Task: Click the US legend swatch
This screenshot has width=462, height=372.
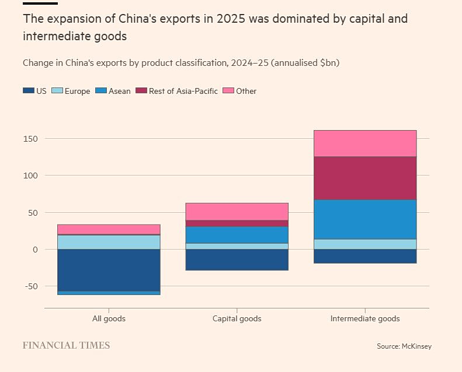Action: click(28, 91)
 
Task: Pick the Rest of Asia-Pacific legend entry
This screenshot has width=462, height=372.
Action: click(176, 91)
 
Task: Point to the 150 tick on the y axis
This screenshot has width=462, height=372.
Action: click(30, 139)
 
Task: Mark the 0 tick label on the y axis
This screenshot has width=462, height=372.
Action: click(35, 250)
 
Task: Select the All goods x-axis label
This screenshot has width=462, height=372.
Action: click(109, 319)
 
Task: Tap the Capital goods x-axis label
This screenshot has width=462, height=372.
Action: click(237, 319)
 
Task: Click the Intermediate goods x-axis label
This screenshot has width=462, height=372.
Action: click(365, 319)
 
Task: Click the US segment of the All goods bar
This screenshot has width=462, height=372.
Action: click(109, 270)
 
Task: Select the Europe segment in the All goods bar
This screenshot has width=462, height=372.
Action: click(109, 242)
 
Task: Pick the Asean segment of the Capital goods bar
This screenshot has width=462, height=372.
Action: click(237, 234)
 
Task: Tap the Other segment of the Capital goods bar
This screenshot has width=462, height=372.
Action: click(237, 212)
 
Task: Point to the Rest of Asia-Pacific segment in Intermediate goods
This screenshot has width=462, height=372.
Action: click(365, 178)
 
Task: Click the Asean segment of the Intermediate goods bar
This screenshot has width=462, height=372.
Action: click(365, 219)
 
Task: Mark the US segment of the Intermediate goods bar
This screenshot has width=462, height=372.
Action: click(365, 256)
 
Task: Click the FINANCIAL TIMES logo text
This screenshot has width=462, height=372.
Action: click(66, 346)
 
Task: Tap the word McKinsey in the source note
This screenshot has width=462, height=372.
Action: click(416, 346)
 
